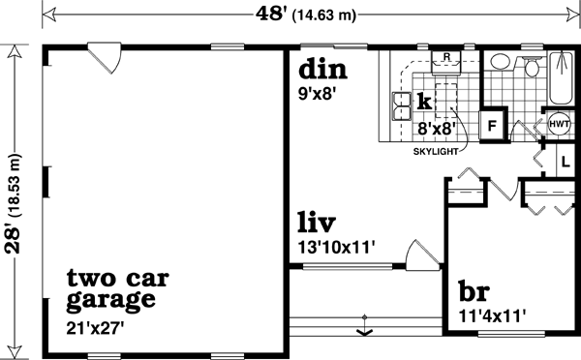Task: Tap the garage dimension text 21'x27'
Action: click(x=97, y=327)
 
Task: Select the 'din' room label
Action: click(x=322, y=71)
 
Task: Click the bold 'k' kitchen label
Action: click(x=423, y=101)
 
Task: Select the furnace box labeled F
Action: click(x=492, y=124)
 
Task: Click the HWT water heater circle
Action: click(x=560, y=124)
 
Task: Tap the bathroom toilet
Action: click(x=532, y=66)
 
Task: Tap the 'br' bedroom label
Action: click(x=474, y=292)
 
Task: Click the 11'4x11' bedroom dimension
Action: click(x=491, y=315)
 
